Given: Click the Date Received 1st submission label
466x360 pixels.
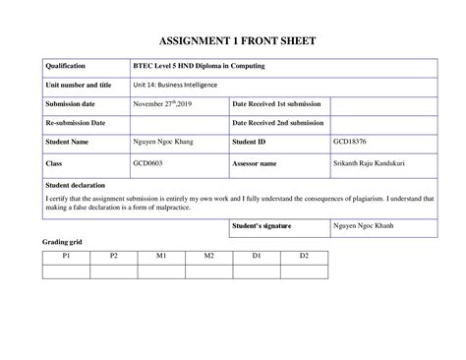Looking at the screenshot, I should (x=277, y=104).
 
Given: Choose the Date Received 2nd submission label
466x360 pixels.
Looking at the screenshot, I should (x=278, y=123).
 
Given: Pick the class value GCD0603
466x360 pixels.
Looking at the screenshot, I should (x=149, y=162).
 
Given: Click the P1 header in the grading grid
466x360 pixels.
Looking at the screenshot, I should (x=66, y=256).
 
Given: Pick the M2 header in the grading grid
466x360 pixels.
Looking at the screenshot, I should (x=208, y=256).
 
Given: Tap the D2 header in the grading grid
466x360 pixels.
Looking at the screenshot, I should (x=304, y=256).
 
